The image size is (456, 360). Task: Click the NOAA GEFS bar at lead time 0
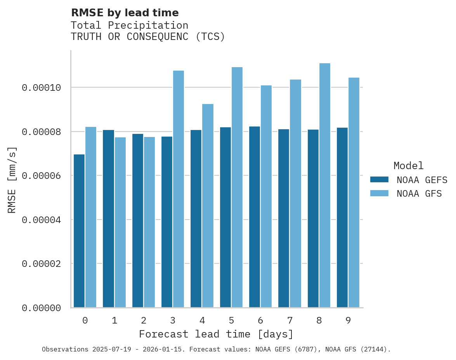pos(79,231)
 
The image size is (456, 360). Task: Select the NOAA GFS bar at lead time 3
pos(179,189)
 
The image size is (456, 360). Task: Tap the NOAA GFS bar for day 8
pos(325,185)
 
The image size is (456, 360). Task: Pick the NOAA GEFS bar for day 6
pos(255,217)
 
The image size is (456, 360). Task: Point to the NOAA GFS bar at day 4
pos(208,206)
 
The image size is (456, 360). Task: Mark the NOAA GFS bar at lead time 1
pos(120,222)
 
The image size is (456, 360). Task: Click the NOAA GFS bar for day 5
pos(237,187)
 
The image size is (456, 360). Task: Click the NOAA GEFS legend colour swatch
pos(379,180)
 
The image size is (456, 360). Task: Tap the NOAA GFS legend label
pos(419,194)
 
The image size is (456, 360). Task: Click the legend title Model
pos(408,166)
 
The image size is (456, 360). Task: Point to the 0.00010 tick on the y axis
pos(42,88)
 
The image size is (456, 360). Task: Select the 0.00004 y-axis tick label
pos(42,220)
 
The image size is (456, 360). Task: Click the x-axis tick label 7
pos(290,321)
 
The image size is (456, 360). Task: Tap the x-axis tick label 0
pos(85,321)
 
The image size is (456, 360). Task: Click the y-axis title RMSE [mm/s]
pos(12,180)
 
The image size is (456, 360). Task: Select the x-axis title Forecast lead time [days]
pos(216,334)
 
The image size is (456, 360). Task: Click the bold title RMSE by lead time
pos(125,13)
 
